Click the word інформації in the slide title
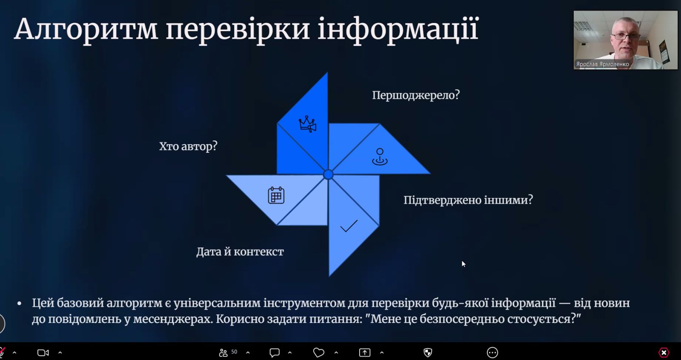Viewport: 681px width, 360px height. click(x=398, y=29)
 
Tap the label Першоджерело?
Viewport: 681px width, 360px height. click(x=416, y=95)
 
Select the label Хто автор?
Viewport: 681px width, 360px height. click(x=188, y=146)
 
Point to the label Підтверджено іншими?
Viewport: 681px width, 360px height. click(x=468, y=200)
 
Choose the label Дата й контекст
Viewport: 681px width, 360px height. click(x=240, y=251)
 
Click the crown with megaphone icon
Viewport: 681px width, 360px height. click(x=307, y=124)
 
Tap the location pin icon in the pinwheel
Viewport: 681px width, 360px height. click(x=380, y=157)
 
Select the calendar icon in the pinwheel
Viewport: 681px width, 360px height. click(x=276, y=195)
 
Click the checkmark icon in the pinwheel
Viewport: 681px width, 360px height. click(x=349, y=226)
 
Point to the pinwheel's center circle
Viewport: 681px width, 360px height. click(x=328, y=174)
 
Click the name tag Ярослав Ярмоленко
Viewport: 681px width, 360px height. click(x=602, y=64)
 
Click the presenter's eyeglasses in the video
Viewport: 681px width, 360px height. click(x=625, y=36)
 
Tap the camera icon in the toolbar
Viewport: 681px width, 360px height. click(x=43, y=353)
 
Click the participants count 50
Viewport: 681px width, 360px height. click(x=234, y=352)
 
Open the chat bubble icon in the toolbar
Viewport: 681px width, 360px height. click(x=275, y=353)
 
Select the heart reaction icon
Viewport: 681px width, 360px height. click(x=319, y=353)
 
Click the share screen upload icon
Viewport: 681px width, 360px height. click(x=364, y=353)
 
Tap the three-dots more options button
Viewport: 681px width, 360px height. click(x=492, y=353)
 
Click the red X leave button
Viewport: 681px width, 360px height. click(x=664, y=353)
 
